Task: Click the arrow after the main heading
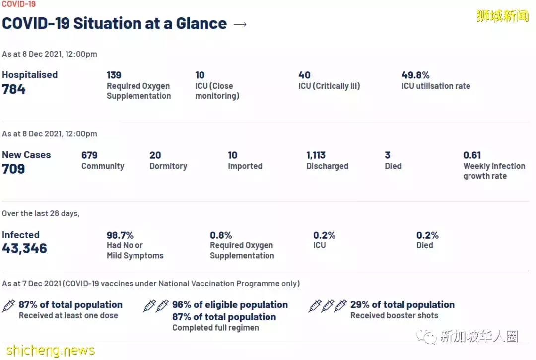[240, 24]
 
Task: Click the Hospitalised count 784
[14, 90]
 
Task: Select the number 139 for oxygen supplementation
[114, 75]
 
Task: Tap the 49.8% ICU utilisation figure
[415, 75]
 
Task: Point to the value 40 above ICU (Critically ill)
[304, 75]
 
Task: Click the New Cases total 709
[13, 169]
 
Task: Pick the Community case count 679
[89, 155]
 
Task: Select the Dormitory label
[168, 166]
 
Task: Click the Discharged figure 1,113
[316, 155]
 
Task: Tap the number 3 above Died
[388, 155]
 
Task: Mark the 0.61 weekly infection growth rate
[472, 155]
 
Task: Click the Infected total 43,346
[24, 248]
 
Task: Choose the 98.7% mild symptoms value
[120, 235]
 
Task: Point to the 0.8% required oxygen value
[221, 235]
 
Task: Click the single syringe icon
[9, 305]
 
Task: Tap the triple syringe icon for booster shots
[328, 305]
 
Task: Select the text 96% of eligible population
[230, 305]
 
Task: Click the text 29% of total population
[402, 305]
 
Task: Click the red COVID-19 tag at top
[18, 4]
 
